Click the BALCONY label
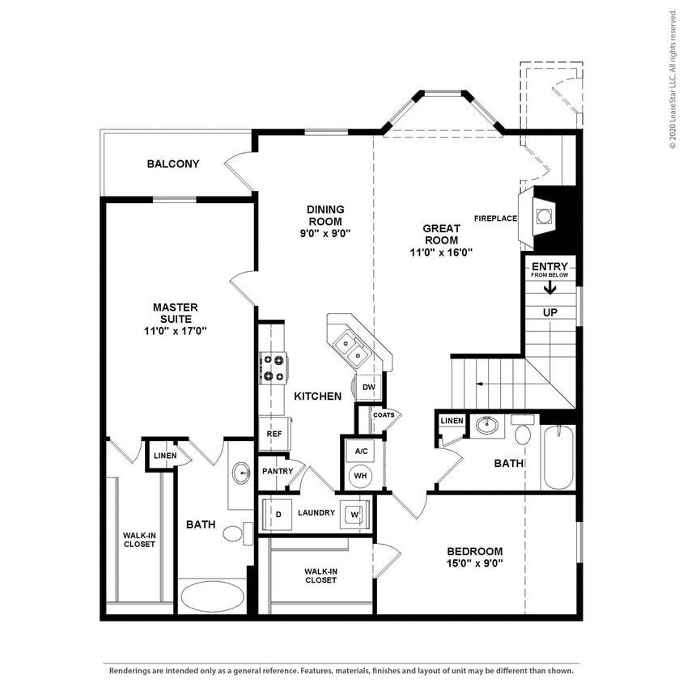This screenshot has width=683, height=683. click(172, 164)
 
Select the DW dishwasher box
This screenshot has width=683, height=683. click(368, 388)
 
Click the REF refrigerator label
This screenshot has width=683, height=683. click(274, 435)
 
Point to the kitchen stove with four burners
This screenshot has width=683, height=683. click(272, 367)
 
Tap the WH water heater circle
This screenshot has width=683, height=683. click(360, 476)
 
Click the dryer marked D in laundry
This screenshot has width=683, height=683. click(278, 513)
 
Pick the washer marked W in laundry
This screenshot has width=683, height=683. click(354, 513)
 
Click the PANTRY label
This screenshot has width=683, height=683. click(276, 471)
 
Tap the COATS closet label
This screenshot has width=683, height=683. click(384, 415)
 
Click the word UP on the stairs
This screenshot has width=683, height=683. click(550, 312)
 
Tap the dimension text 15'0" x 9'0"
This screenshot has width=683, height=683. click(475, 563)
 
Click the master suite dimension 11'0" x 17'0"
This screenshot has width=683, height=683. click(175, 330)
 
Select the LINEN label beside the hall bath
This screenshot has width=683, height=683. click(452, 421)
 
